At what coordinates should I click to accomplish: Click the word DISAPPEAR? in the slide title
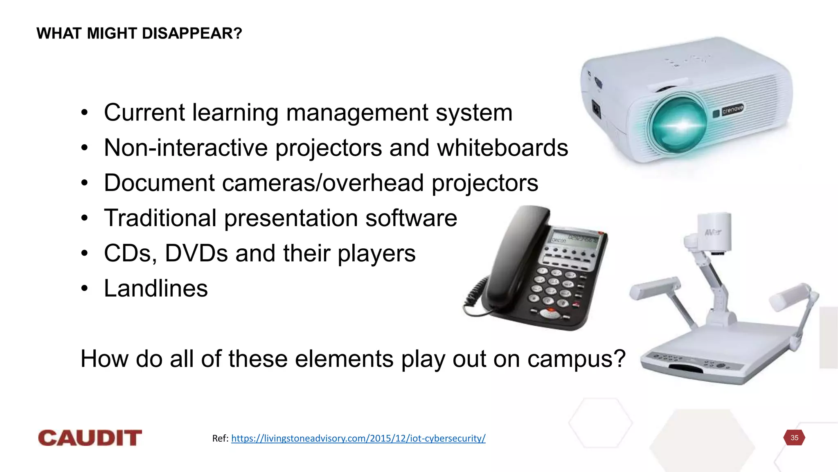[x=192, y=34]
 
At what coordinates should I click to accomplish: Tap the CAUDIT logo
[x=90, y=438]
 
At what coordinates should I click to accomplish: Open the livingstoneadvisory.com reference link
[x=358, y=438]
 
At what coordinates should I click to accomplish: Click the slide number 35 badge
[x=794, y=438]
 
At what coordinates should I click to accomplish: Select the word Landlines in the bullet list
[x=156, y=288]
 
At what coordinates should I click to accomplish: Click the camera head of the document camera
[x=714, y=232]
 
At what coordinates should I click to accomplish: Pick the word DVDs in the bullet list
[x=196, y=253]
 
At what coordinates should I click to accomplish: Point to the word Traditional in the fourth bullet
[x=160, y=218]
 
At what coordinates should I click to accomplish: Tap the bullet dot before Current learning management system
[x=84, y=113]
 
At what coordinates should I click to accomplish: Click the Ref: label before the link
[x=220, y=438]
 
